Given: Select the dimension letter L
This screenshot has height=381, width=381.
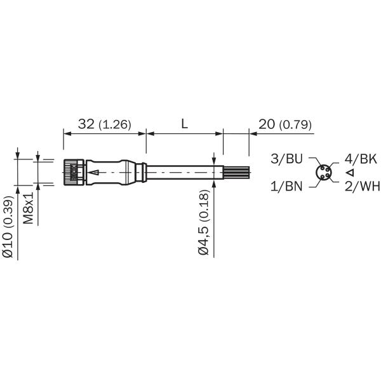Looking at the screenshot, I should pyautogui.click(x=184, y=124).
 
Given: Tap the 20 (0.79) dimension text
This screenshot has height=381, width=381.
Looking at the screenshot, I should pyautogui.click(x=285, y=124).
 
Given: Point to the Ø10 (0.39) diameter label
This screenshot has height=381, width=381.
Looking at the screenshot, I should pyautogui.click(x=8, y=227).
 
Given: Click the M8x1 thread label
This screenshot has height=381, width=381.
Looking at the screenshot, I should pyautogui.click(x=29, y=207).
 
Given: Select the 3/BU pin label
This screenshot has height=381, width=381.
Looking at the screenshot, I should pyautogui.click(x=286, y=159).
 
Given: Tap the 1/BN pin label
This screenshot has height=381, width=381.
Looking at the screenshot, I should pyautogui.click(x=286, y=186).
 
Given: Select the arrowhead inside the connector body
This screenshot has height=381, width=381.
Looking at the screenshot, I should pyautogui.click(x=91, y=172).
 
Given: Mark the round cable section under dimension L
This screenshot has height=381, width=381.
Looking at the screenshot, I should pyautogui.click(x=184, y=172).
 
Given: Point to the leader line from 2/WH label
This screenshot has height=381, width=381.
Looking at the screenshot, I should pyautogui.click(x=337, y=185).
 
